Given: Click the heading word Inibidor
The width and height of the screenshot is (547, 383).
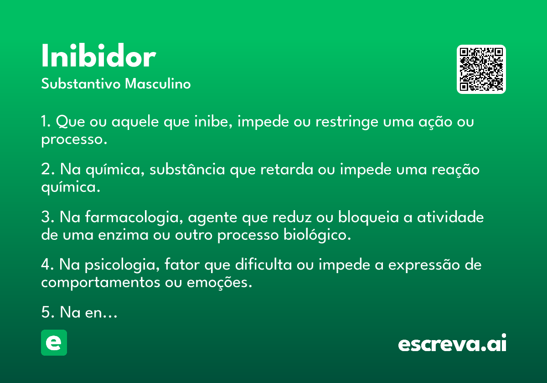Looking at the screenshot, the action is click(98, 56).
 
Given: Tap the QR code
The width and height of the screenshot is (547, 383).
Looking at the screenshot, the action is click(481, 69).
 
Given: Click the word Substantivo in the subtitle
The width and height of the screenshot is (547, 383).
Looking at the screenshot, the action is click(81, 83).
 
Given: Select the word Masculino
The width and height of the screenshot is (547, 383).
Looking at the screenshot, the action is click(158, 83).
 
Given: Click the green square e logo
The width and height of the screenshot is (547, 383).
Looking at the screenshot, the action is click(54, 342).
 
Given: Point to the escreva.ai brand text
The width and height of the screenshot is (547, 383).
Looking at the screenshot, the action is click(452, 343).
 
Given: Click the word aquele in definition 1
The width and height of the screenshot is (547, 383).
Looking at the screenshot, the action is click(135, 122).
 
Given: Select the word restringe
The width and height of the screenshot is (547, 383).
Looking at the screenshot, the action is click(347, 122).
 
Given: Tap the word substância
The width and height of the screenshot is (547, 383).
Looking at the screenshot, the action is click(187, 169).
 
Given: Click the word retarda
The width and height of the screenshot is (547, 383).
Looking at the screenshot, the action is click(287, 169).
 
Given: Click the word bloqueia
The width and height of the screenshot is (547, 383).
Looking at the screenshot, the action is click(368, 217).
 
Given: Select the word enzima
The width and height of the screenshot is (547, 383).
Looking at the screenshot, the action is click(123, 235).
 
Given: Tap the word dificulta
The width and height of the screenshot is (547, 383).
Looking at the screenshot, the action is click(263, 264).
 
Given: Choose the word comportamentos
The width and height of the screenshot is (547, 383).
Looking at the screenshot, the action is click(101, 283).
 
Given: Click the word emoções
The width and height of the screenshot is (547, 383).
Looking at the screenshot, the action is click(219, 283).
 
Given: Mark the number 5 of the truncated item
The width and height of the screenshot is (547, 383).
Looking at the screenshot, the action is click(46, 312).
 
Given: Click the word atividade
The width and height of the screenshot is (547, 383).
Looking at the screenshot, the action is click(450, 217).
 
